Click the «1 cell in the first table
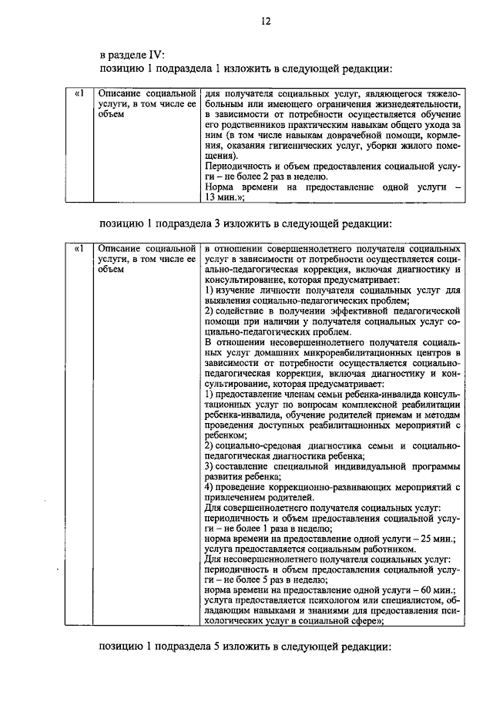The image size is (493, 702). (78, 94)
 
